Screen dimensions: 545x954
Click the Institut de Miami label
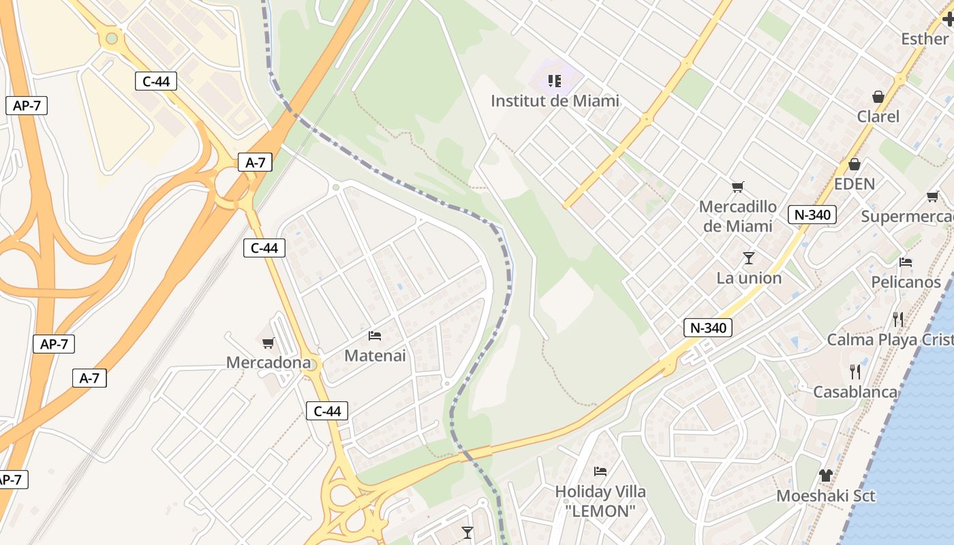(555, 101)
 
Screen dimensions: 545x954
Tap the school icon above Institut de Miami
(555, 82)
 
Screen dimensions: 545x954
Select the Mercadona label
(268, 362)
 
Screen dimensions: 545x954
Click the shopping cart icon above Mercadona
(268, 343)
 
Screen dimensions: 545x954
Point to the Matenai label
(375, 355)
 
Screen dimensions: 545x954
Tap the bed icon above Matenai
(375, 335)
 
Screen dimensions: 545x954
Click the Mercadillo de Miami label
(737, 216)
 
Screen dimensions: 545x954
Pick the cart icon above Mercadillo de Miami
(737, 187)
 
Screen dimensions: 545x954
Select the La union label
(749, 278)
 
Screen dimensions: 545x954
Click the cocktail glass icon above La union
(749, 258)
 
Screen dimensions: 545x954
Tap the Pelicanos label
(906, 282)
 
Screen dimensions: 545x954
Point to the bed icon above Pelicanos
(906, 262)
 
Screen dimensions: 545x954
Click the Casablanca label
(855, 392)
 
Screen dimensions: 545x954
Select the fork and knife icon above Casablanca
(855, 371)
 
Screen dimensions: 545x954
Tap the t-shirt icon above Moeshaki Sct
(826, 476)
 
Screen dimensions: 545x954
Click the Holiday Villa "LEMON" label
(600, 501)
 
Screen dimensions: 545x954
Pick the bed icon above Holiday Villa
(600, 471)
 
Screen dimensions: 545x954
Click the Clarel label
(878, 116)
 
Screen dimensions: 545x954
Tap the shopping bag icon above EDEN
(855, 164)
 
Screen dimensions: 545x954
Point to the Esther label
(925, 39)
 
